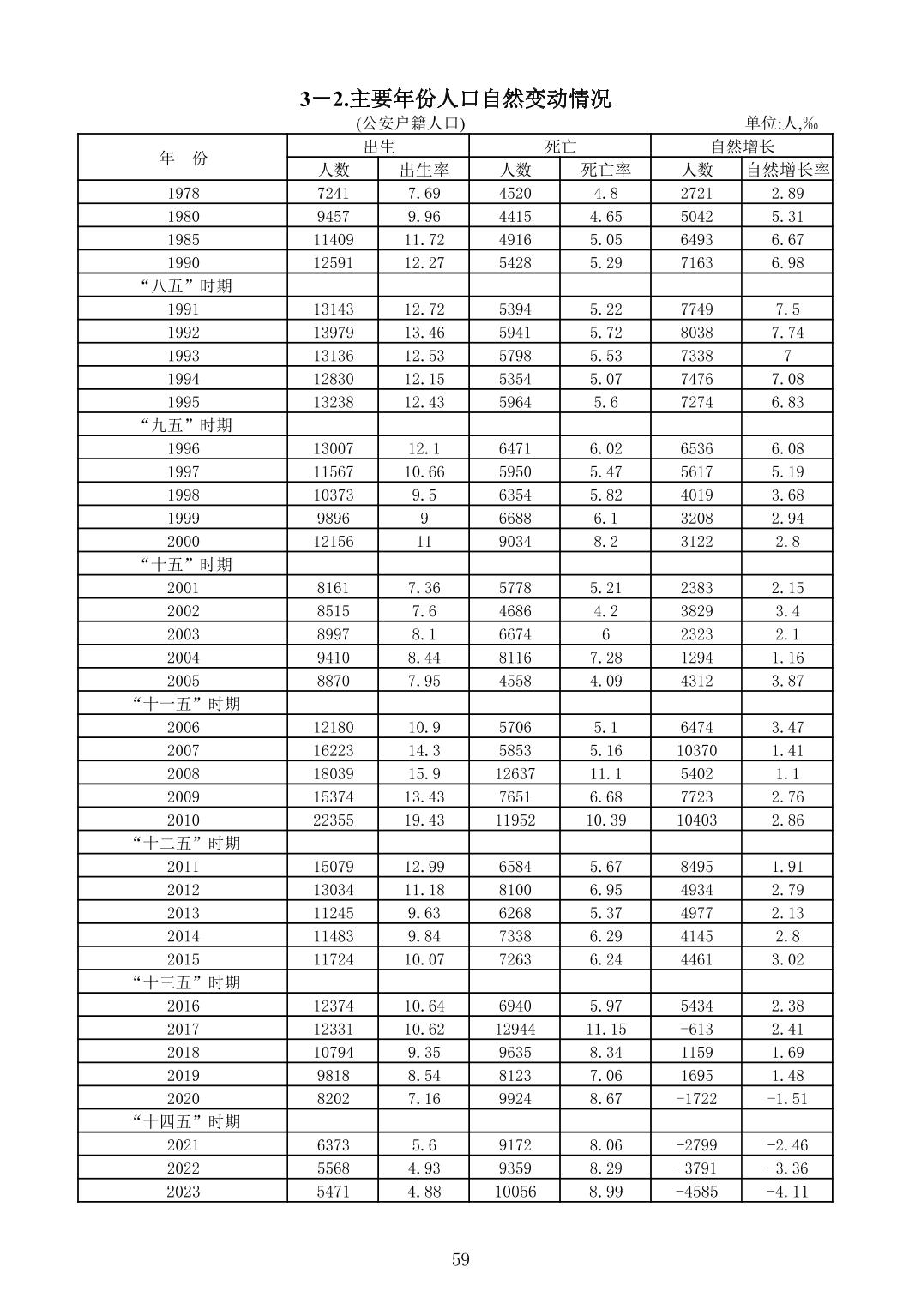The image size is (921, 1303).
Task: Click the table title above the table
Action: click(455, 99)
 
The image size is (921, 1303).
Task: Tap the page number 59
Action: click(460, 1259)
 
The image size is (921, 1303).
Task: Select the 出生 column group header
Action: click(378, 147)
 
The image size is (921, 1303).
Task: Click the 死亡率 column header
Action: click(605, 170)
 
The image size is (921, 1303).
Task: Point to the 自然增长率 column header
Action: click(787, 170)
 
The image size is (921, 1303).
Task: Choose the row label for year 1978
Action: click(183, 193)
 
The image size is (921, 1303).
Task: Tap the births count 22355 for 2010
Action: click(333, 820)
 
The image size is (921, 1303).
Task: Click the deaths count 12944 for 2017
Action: click(515, 1029)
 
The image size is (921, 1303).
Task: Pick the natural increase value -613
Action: click(695, 1029)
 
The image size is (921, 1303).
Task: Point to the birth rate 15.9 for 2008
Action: click(424, 773)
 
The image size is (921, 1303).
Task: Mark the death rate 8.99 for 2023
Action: click(605, 1191)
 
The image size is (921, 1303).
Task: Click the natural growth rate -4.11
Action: click(787, 1191)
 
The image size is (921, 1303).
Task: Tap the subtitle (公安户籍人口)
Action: click(410, 123)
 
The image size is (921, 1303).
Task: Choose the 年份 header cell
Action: click(183, 158)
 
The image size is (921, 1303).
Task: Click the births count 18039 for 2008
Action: click(333, 773)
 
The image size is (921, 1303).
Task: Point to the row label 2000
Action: click(183, 541)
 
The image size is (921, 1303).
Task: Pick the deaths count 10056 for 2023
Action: click(515, 1191)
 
